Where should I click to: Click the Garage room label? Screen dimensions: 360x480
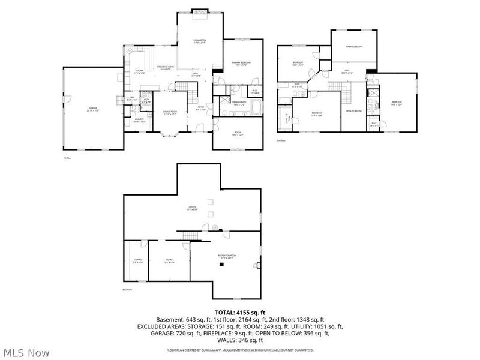tap(92, 109)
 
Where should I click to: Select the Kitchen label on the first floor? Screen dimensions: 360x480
tap(139, 71)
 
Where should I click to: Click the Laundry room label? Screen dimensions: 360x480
tap(139, 120)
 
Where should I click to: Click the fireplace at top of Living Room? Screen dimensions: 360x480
tap(200, 11)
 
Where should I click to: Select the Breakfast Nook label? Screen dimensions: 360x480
tap(166, 68)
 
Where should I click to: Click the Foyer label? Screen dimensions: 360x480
tap(200, 109)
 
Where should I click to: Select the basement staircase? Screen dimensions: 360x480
tap(190, 234)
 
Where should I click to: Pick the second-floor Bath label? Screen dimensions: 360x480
tap(297, 86)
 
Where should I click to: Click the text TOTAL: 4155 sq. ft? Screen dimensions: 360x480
tap(239, 311)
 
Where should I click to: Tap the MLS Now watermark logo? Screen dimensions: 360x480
tap(25, 353)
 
